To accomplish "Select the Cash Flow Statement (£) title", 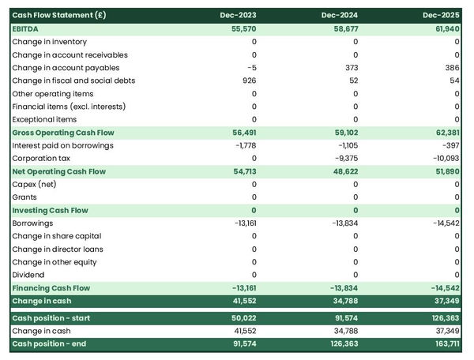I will (59, 15).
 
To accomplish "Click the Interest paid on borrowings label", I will (62, 145).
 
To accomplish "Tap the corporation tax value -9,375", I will (344, 158).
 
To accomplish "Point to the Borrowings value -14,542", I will (443, 223).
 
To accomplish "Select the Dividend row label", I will (28, 275).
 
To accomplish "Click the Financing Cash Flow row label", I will (51, 288).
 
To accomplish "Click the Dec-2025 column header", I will (441, 15).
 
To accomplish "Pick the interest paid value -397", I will (449, 145).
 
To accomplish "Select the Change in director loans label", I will (58, 249).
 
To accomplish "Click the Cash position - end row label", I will (48, 343).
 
